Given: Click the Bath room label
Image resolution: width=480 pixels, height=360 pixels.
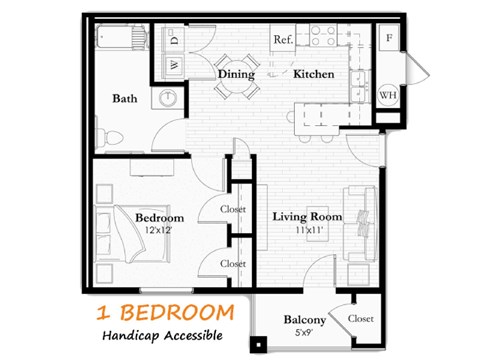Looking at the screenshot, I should click(x=126, y=98).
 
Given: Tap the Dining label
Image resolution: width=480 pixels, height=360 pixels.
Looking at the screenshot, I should click(x=236, y=74).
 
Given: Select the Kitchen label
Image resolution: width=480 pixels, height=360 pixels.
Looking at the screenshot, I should click(x=313, y=74).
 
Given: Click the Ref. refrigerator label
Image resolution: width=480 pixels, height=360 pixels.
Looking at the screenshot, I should click(x=282, y=39).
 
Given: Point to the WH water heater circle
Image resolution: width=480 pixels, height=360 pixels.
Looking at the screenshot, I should click(x=387, y=96).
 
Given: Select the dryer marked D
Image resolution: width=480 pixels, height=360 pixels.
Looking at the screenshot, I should click(x=173, y=41).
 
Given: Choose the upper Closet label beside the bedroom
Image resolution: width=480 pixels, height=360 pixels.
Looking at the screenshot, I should click(x=233, y=210).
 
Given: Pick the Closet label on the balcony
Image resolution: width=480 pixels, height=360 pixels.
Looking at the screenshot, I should click(x=361, y=317).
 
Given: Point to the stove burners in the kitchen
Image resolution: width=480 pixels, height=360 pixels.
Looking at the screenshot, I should click(x=322, y=37).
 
